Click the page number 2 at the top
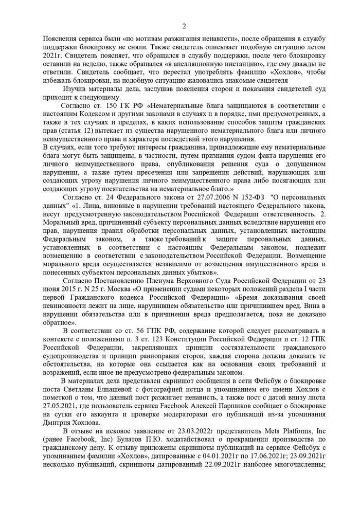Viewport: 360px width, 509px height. (184, 27)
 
